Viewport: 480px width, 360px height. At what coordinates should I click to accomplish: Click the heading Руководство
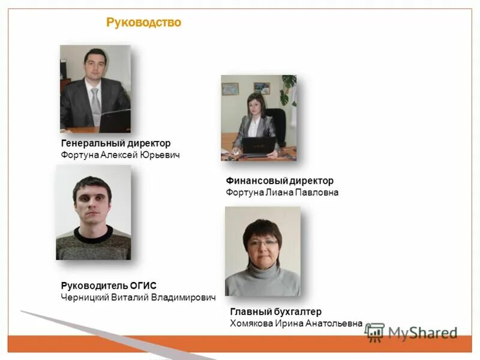[x=143, y=23]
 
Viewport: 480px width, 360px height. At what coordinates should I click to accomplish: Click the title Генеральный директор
[x=116, y=143]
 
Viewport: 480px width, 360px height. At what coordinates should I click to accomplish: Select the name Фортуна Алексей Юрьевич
[x=120, y=155]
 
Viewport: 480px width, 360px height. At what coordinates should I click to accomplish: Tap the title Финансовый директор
[x=280, y=181]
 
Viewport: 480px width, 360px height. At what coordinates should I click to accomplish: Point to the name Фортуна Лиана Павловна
[x=282, y=193]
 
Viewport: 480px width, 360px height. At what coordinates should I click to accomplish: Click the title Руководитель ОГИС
[x=109, y=286]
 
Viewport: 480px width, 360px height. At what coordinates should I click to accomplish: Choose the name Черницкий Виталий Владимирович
[x=138, y=297]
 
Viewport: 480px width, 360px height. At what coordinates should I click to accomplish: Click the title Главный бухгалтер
[x=276, y=312]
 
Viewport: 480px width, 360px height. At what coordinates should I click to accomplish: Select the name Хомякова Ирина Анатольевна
[x=296, y=323]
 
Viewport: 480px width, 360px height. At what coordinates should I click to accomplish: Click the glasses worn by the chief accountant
[x=262, y=243]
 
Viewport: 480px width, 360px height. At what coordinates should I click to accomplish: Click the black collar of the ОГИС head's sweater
[x=93, y=232]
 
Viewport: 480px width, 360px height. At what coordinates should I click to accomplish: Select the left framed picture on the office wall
[x=230, y=89]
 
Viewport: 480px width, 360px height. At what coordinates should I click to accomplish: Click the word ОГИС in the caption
[x=144, y=286]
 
